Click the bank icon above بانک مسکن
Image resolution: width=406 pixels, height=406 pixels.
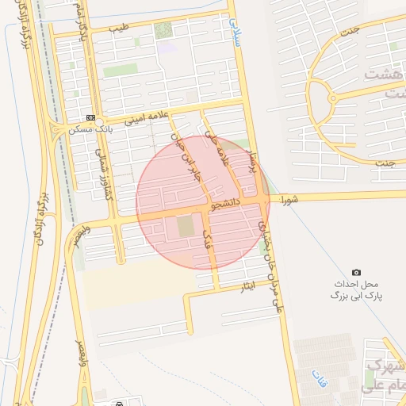click(90, 117)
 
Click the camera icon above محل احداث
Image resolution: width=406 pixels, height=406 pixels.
click(356, 273)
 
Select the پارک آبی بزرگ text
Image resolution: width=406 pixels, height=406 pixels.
click(356, 295)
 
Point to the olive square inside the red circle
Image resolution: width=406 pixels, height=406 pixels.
click(185, 228)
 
